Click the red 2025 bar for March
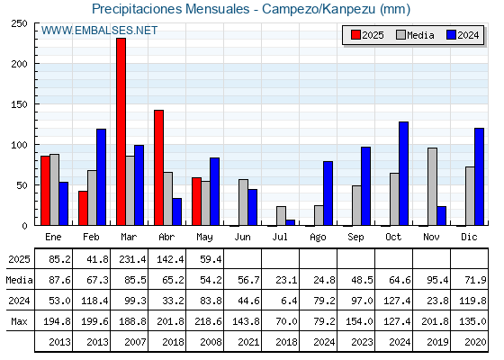pos(121,131)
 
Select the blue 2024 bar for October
pos(404,174)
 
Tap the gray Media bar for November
pos(432,187)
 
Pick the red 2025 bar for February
pos(83,208)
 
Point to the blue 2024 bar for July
pos(290,222)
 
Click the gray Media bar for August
pos(319,215)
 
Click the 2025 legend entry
pos(367,35)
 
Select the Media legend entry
pos(415,35)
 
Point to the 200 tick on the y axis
pos(20,64)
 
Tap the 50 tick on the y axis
pos(22,185)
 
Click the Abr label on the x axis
pos(166,237)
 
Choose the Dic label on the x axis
pos(469,237)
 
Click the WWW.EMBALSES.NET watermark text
pos(99,31)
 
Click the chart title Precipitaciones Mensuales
pos(170,9)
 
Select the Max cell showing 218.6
pos(208,321)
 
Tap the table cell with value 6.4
pos(289,301)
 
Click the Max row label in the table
pos(19,321)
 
